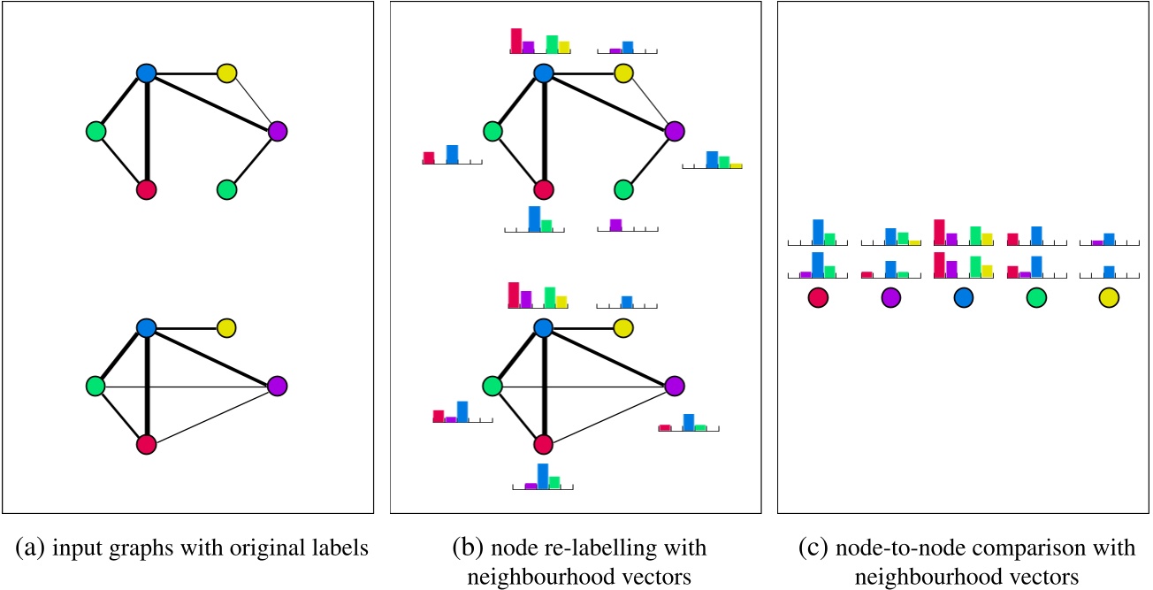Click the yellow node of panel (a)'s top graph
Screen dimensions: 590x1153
226,73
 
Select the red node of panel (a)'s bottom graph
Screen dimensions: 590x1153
147,445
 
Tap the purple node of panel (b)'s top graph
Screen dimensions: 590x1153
675,132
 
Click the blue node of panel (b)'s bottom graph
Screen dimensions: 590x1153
544,328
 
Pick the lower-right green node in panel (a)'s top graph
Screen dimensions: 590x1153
226,189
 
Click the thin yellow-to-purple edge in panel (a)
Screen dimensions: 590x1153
252,103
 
